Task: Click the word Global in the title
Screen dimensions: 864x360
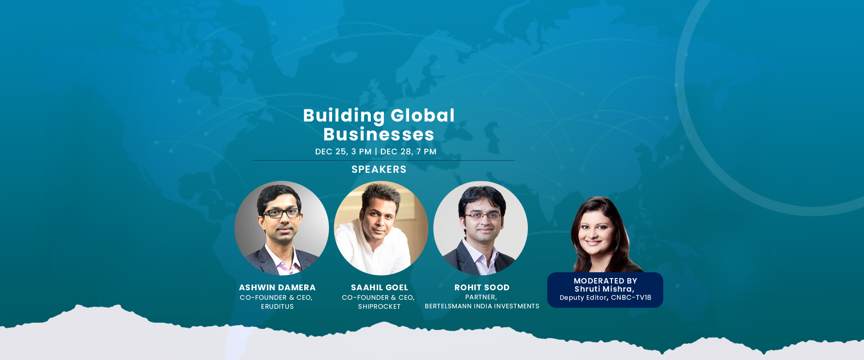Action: click(x=423, y=116)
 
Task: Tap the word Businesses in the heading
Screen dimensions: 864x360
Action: click(x=379, y=134)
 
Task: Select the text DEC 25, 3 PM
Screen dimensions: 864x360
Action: click(x=343, y=152)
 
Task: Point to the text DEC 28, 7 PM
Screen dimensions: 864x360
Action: click(x=408, y=152)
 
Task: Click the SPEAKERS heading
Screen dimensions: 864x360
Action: click(x=379, y=169)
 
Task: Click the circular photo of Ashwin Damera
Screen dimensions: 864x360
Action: click(x=282, y=228)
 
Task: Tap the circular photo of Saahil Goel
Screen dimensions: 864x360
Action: click(x=381, y=228)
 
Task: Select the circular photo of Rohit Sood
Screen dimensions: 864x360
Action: click(x=481, y=228)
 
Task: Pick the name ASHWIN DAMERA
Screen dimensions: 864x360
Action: click(x=277, y=288)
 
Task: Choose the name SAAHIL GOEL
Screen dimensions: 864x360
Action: click(x=379, y=288)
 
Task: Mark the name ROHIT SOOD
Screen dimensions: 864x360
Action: click(x=482, y=288)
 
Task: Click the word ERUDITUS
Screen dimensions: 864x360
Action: click(x=277, y=306)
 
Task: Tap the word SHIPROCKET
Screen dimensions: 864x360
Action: click(x=379, y=306)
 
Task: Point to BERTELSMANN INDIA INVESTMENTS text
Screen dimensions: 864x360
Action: click(x=482, y=306)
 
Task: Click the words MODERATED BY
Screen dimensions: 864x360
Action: click(x=605, y=281)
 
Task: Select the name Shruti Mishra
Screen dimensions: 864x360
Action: click(x=603, y=289)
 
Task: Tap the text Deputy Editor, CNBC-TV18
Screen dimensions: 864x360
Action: click(x=605, y=297)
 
